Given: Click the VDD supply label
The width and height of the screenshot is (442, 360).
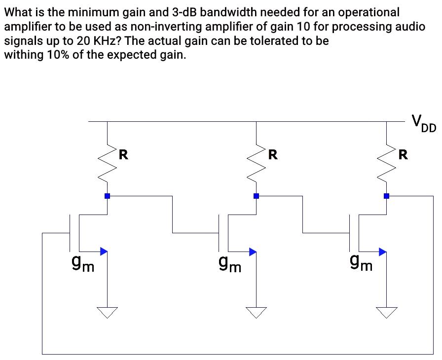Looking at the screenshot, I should tap(423, 123).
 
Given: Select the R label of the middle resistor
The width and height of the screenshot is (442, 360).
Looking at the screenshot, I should tap(273, 155).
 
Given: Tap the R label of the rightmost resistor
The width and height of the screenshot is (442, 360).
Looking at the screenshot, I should tap(403, 155).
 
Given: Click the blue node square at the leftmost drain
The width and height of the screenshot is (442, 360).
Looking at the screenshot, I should tap(107, 196).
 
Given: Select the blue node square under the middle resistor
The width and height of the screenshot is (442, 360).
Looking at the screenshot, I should tap(256, 196).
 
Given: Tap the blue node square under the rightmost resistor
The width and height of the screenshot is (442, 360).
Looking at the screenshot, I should tap(386, 196).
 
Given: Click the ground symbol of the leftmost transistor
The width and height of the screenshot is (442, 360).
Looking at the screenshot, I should tap(107, 312).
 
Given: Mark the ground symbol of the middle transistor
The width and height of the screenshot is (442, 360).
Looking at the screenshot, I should tap(256, 312).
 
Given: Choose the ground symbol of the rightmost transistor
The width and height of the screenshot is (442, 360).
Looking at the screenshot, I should tap(386, 312).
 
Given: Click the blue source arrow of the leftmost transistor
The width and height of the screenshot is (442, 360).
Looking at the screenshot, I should tap(103, 252).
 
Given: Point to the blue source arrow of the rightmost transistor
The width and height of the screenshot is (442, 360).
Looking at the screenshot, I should tap(382, 252).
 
